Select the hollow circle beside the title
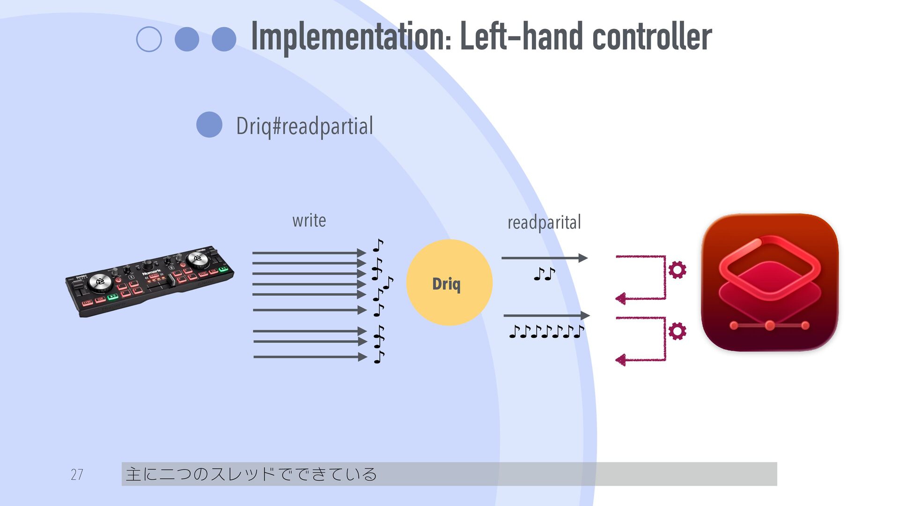pyautogui.click(x=149, y=39)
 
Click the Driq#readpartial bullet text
pyautogui.click(x=304, y=126)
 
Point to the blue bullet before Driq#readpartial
pyautogui.click(x=209, y=125)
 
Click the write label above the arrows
pyautogui.click(x=309, y=220)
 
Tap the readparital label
pyautogui.click(x=544, y=223)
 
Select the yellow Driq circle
pyautogui.click(x=449, y=283)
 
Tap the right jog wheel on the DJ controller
pyautogui.click(x=197, y=258)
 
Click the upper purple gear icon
pyautogui.click(x=677, y=270)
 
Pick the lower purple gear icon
pyautogui.click(x=677, y=331)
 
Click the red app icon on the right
pyautogui.click(x=769, y=283)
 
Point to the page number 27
pyautogui.click(x=77, y=475)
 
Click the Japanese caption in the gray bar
pyautogui.click(x=251, y=474)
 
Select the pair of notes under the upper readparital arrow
pyautogui.click(x=544, y=274)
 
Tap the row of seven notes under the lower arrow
pyautogui.click(x=546, y=332)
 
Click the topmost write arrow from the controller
pyautogui.click(x=309, y=253)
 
